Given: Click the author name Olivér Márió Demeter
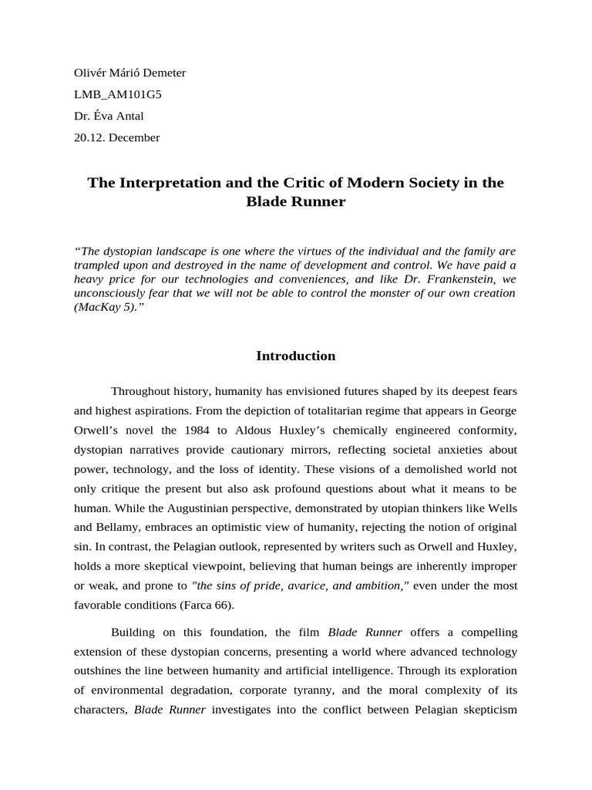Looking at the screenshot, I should pyautogui.click(x=129, y=73).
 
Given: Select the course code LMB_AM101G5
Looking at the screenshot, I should pyautogui.click(x=118, y=95).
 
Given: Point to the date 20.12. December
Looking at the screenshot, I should pyautogui.click(x=116, y=138).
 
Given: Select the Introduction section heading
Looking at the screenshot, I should pyautogui.click(x=295, y=356).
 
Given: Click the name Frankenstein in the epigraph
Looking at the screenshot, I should pyautogui.click(x=452, y=279).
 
